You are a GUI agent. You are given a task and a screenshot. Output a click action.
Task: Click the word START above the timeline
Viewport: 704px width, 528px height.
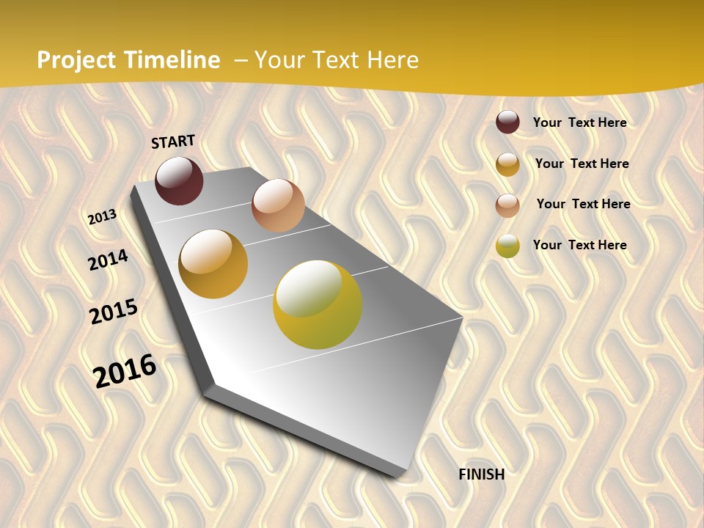click(173, 142)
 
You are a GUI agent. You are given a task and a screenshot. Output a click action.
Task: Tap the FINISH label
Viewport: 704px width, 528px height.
click(481, 474)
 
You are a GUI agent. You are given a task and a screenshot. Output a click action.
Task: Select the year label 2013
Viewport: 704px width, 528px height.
click(102, 216)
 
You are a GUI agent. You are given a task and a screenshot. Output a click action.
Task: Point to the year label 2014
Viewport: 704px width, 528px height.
click(108, 260)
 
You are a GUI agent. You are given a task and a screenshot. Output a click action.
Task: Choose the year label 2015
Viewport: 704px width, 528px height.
click(113, 312)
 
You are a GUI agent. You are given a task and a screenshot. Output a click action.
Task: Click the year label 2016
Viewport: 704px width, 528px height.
click(125, 370)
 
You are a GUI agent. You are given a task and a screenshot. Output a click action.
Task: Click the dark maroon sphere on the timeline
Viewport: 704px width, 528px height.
click(179, 180)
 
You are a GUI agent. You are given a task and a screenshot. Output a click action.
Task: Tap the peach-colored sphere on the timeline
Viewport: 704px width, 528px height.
click(278, 205)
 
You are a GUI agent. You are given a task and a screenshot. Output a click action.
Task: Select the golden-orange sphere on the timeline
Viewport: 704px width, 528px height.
click(213, 264)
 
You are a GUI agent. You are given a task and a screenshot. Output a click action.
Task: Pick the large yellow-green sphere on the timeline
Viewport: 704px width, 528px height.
click(318, 304)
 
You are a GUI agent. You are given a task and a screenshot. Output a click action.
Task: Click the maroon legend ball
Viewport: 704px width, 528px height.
click(507, 122)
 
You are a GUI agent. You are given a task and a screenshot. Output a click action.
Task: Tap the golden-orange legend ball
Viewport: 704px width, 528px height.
click(507, 164)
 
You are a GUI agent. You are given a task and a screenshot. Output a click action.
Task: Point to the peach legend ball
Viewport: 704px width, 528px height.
click(507, 205)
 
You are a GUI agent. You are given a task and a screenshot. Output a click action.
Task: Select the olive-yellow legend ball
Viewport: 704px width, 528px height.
click(507, 246)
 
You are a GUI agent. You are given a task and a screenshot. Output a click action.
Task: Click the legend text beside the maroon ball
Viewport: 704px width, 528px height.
click(579, 122)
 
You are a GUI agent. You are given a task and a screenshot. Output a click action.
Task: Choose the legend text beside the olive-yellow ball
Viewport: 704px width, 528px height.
click(579, 245)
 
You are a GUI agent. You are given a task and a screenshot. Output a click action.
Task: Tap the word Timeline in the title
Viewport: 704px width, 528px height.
click(172, 60)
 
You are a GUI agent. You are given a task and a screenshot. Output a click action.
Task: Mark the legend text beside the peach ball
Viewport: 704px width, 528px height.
click(583, 204)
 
